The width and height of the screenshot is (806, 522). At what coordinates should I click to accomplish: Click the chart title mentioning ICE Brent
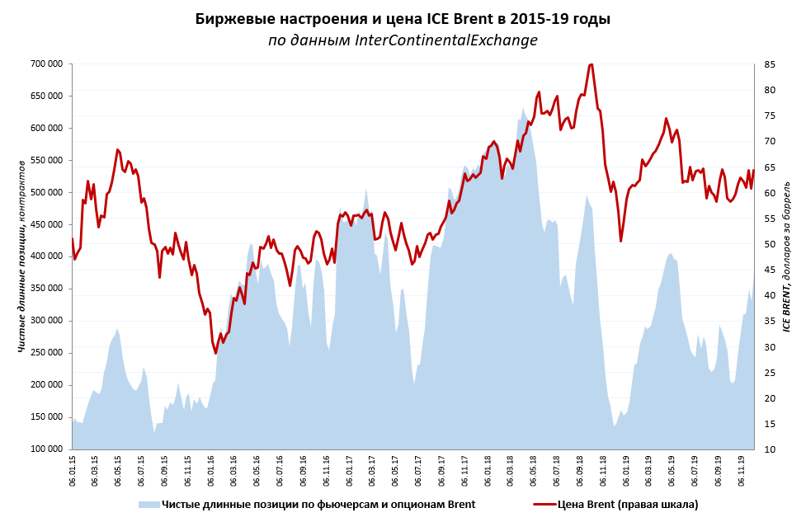[x=403, y=19]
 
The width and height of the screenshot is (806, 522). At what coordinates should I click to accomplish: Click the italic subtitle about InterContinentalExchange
[x=403, y=40]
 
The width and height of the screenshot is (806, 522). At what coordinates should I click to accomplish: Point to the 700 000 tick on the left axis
[x=45, y=64]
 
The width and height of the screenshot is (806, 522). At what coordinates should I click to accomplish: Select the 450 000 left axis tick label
[x=45, y=225]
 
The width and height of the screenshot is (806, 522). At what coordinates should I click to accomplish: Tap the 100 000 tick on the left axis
[x=45, y=449]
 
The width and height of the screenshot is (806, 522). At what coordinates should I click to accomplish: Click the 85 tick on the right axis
[x=769, y=64]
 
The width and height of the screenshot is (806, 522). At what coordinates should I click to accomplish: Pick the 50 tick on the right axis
[x=769, y=244]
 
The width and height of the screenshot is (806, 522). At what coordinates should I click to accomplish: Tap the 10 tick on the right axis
[x=769, y=449]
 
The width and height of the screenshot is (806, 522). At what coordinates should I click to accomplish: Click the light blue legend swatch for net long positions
[x=148, y=504]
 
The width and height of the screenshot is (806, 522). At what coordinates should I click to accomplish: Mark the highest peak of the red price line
[x=591, y=64]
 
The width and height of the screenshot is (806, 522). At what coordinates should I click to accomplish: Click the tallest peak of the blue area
[x=523, y=108]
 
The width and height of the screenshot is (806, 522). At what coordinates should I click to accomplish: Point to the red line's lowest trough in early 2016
[x=215, y=353]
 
